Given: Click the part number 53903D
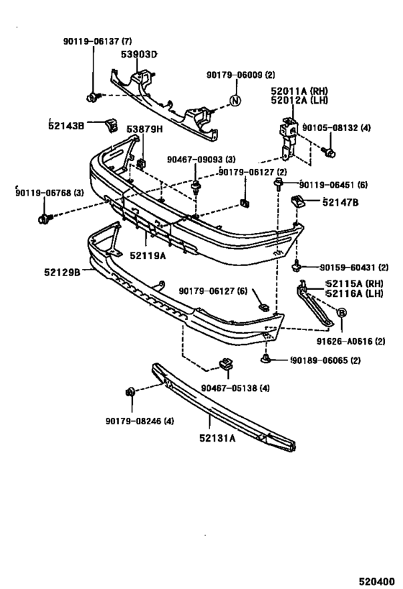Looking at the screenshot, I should [140, 54].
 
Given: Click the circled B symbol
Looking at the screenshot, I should [342, 311].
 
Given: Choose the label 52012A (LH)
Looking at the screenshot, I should [299, 101].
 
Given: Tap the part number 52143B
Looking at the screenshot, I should [66, 125].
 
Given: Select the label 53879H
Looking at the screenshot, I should [145, 129].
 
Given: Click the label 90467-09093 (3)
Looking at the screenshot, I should [201, 160].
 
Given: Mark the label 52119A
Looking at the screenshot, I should [148, 254].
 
